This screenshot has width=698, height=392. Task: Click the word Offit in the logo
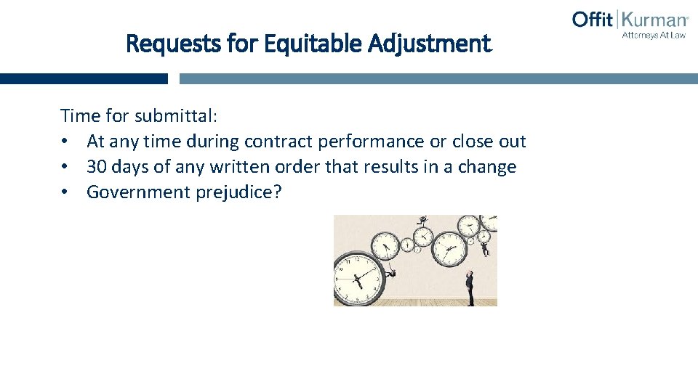(593, 19)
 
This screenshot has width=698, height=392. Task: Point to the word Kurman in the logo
(653, 20)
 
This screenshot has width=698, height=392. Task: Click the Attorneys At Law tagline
(653, 34)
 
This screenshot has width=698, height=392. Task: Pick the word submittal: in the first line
(182, 115)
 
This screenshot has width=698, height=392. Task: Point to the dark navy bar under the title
(84, 78)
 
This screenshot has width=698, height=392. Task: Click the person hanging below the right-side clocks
(485, 249)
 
